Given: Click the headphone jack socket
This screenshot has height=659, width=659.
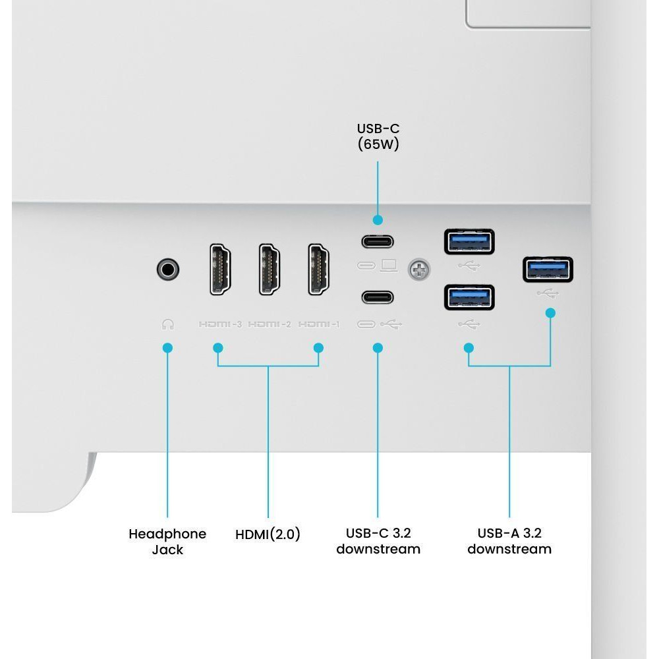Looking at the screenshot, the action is pyautogui.click(x=167, y=270).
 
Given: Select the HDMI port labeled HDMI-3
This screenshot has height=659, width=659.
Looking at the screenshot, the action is pyautogui.click(x=220, y=270).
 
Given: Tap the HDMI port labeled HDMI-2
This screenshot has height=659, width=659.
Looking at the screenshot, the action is pyautogui.click(x=270, y=270).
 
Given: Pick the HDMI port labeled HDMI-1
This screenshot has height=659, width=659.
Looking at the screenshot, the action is pyautogui.click(x=318, y=270).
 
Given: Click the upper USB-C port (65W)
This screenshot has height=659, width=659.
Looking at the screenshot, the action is pyautogui.click(x=378, y=242).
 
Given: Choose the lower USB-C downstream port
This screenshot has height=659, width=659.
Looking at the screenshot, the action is pyautogui.click(x=378, y=297).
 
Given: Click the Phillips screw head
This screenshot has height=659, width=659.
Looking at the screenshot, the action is pyautogui.click(x=419, y=270).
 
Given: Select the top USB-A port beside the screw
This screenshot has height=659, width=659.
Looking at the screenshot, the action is pyautogui.click(x=469, y=242).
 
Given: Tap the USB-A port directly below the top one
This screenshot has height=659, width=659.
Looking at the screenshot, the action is pyautogui.click(x=469, y=298).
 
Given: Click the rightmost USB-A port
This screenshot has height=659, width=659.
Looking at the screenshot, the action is pyautogui.click(x=548, y=270).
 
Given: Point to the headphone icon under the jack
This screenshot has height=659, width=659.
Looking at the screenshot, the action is pyautogui.click(x=167, y=324).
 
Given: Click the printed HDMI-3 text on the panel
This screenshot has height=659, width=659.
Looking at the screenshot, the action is pyautogui.click(x=220, y=324).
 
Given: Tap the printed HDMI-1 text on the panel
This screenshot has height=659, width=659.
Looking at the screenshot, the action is pyautogui.click(x=318, y=324).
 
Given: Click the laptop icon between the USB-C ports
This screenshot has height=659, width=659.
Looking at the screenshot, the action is pyautogui.click(x=389, y=266).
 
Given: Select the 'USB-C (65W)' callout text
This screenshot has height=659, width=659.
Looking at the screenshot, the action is pyautogui.click(x=378, y=136).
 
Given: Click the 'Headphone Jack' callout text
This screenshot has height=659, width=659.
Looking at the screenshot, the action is pyautogui.click(x=167, y=541).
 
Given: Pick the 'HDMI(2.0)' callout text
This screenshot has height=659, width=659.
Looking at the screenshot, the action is pyautogui.click(x=268, y=534).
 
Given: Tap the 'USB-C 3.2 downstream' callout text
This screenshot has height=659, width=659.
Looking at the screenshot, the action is pyautogui.click(x=378, y=541).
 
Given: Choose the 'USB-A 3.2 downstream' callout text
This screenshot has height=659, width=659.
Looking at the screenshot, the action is pyautogui.click(x=509, y=541).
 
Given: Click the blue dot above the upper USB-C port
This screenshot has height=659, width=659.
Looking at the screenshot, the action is pyautogui.click(x=378, y=220).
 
